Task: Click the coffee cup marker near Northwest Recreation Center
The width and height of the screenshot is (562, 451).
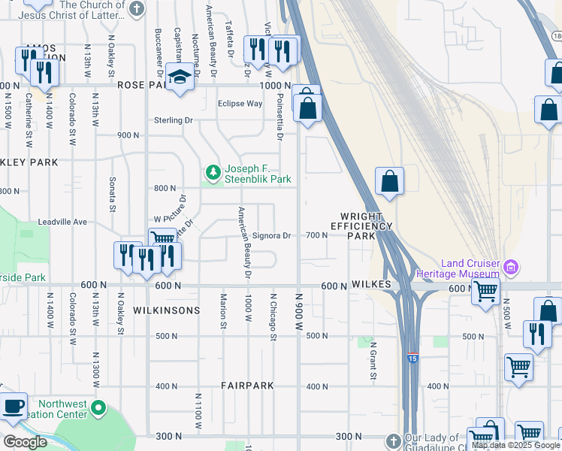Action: click(x=13, y=407)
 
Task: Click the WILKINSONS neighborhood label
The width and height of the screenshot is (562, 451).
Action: click(x=166, y=310)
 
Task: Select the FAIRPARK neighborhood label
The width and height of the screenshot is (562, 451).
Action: click(x=247, y=386)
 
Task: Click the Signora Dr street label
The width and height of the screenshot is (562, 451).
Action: click(x=271, y=235)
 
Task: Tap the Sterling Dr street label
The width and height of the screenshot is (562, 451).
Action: click(x=174, y=120)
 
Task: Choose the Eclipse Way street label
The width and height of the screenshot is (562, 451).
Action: click(x=240, y=104)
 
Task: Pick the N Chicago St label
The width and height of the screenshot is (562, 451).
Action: click(x=273, y=316)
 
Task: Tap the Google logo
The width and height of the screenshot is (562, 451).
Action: click(x=25, y=441)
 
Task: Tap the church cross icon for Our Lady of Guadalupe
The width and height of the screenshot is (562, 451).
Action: click(x=393, y=440)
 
